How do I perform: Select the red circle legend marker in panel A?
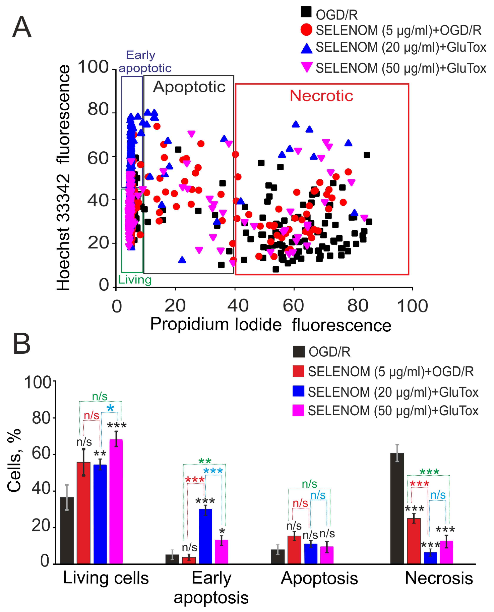click(306, 30)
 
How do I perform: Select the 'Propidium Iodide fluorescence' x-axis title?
click(270, 325)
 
